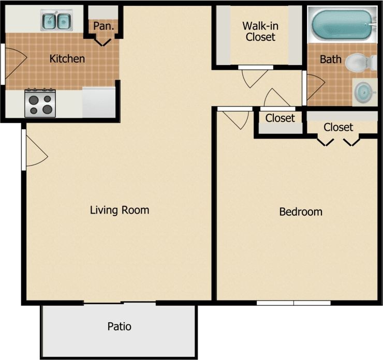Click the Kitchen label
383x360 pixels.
[x=67, y=58]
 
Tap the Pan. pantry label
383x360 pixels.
[x=104, y=25]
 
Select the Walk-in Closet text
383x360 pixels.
[x=260, y=31]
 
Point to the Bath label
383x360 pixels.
[x=330, y=59]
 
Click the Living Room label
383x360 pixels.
[x=120, y=210]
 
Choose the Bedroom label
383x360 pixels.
[x=301, y=212]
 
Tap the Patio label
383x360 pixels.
[x=119, y=326]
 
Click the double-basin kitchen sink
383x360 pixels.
[x=56, y=21]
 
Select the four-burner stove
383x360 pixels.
[x=40, y=103]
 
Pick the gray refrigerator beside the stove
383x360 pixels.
[x=98, y=102]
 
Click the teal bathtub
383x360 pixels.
[x=342, y=24]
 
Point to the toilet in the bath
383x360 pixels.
[x=358, y=63]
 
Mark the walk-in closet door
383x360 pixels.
[x=253, y=77]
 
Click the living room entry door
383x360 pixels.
[x=35, y=151]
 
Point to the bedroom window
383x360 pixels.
[x=293, y=303]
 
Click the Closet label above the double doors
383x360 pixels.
[x=338, y=127]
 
